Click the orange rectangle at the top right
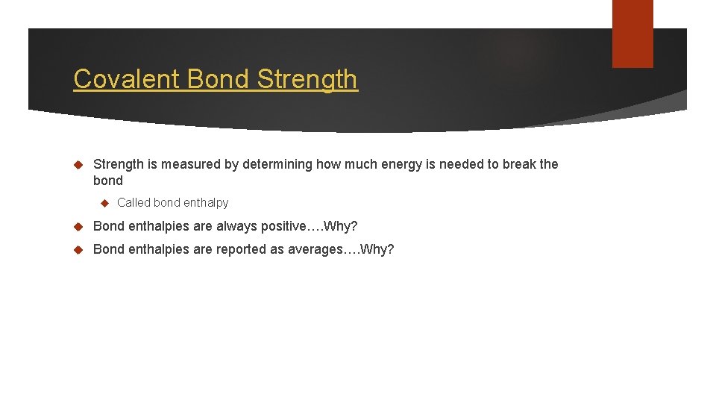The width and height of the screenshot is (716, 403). coord(632,34)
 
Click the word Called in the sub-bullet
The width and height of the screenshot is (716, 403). coord(134,202)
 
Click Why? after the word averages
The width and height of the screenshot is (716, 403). coord(377,249)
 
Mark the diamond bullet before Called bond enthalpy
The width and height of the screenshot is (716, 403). coord(105,202)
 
